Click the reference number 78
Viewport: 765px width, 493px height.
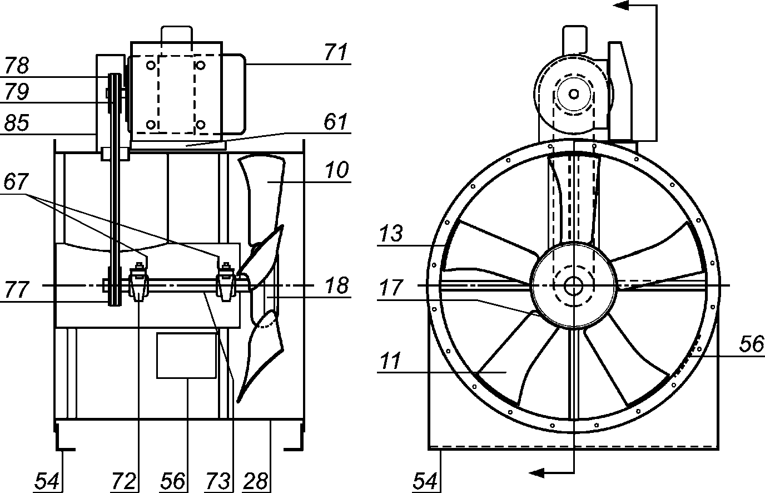click(x=17, y=65)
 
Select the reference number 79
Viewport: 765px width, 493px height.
click(x=17, y=91)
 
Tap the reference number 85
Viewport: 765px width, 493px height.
click(x=17, y=123)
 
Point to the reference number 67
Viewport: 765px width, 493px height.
click(x=16, y=181)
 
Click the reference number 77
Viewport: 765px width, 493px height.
click(x=17, y=289)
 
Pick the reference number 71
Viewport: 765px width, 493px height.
click(x=336, y=52)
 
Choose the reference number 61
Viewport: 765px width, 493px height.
click(x=336, y=121)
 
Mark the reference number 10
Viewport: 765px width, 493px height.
click(x=337, y=170)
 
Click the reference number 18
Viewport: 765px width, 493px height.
click(x=337, y=285)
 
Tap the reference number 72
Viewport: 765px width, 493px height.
click(x=123, y=481)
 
